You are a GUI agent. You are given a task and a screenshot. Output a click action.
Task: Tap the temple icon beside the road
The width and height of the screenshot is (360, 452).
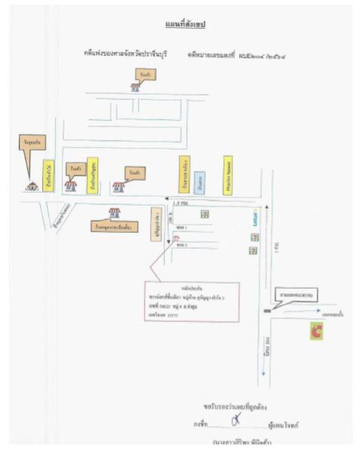click(33, 185)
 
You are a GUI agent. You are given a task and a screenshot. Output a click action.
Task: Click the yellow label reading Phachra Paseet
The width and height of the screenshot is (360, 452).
click(227, 175)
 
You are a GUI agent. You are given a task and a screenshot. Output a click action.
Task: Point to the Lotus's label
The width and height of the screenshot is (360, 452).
click(255, 219)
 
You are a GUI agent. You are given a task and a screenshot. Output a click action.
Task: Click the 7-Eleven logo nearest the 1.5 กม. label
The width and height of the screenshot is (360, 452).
click(202, 214)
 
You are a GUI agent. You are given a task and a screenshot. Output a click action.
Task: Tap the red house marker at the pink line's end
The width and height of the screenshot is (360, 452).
click(176, 238)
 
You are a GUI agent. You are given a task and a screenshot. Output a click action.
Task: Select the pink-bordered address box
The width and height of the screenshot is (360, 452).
click(192, 301)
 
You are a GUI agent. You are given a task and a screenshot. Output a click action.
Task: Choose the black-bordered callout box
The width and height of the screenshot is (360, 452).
click(296, 295)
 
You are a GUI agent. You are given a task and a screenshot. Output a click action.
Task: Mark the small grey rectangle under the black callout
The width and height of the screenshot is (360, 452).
click(267, 310)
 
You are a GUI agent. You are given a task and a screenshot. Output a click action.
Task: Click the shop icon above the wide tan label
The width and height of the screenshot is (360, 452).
click(115, 212)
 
